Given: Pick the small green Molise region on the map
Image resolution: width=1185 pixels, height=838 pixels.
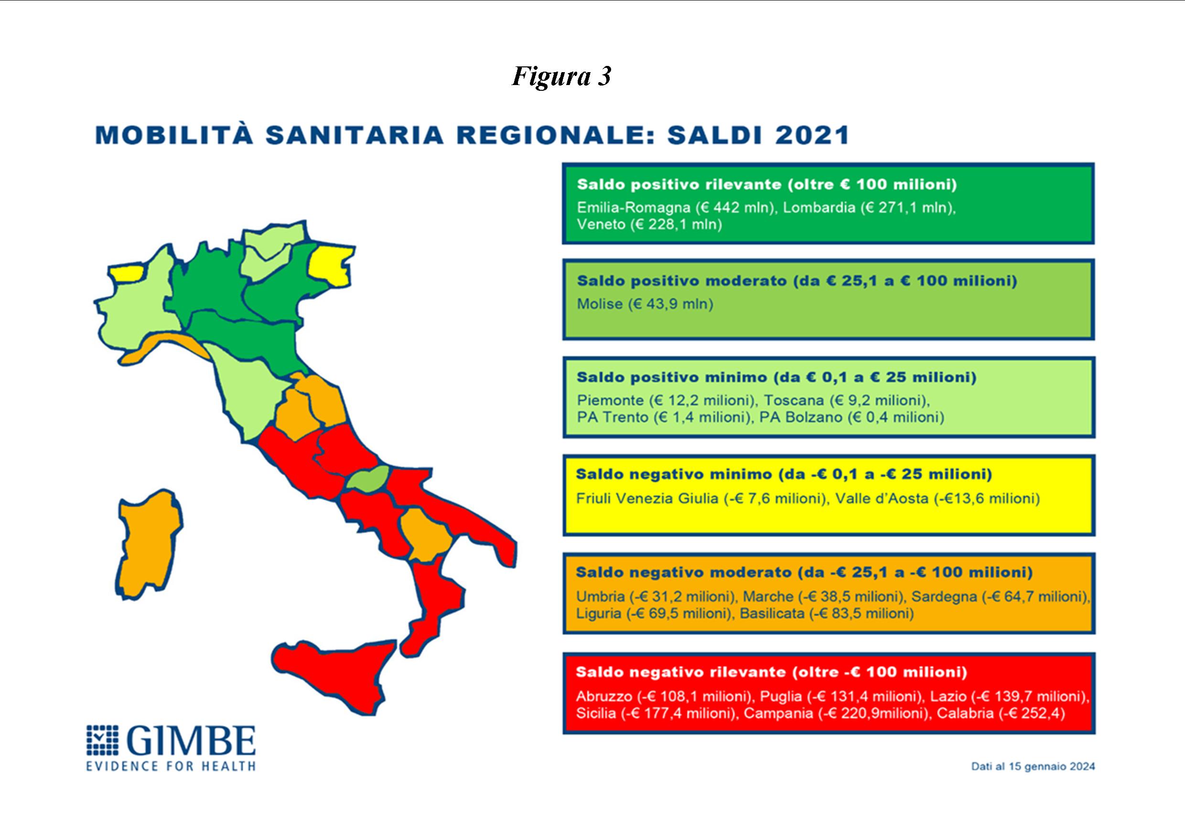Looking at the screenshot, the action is (x=367, y=478).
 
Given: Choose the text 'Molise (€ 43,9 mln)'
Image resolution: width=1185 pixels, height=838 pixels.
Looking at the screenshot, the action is (x=645, y=304).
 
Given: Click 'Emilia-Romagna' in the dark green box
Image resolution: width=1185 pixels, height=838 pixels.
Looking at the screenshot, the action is (x=633, y=207).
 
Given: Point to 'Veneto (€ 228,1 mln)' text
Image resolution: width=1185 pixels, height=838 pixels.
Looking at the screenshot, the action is (x=649, y=225).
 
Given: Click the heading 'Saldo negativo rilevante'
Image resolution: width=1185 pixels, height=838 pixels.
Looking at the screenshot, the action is (x=681, y=672).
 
